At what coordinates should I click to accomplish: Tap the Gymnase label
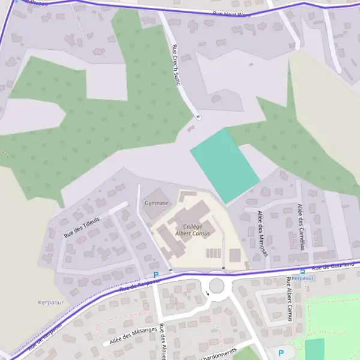[156, 203]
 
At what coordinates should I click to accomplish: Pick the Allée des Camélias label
[301, 226]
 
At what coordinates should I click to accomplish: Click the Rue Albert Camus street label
[289, 298]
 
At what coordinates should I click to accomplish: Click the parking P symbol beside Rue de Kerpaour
[156, 275]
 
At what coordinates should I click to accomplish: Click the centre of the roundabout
[217, 285]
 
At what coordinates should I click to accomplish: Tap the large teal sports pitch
[225, 165]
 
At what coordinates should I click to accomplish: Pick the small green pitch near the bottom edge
[314, 349]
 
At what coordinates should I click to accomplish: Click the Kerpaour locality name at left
[50, 302]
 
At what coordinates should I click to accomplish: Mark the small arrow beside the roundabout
[208, 293]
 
